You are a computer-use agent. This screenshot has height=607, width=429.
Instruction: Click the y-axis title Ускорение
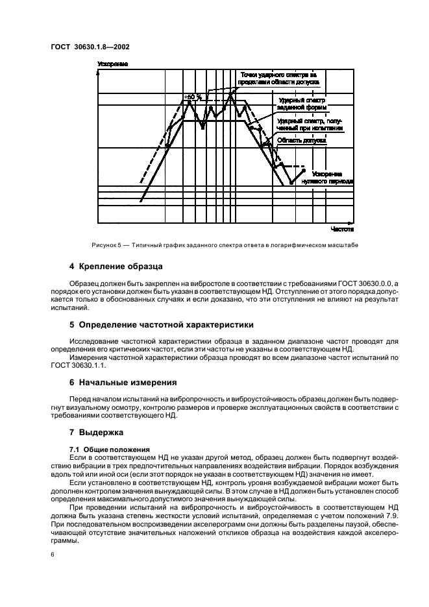coord(112,64)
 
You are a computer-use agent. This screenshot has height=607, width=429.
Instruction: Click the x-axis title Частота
coord(341,229)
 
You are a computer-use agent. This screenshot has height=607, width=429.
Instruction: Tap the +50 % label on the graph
coord(193,97)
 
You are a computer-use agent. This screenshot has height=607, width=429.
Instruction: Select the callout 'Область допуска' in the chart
coord(301,139)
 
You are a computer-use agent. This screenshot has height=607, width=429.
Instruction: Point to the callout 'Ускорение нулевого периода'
coord(332,178)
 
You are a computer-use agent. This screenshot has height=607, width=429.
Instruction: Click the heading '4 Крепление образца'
coord(116,267)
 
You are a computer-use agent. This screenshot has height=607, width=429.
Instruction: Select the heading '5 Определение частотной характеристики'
coord(161,324)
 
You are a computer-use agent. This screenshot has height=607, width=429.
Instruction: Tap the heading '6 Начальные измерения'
coord(123,382)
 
